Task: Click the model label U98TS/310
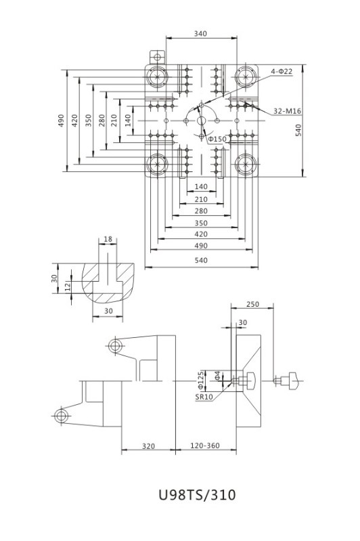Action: pyautogui.click(x=197, y=495)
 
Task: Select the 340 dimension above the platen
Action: pyautogui.click(x=200, y=33)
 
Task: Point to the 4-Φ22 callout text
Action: pyautogui.click(x=282, y=71)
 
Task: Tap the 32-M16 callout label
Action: pyautogui.click(x=287, y=111)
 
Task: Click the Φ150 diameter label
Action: pyautogui.click(x=217, y=139)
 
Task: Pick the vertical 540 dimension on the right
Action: pyautogui.click(x=298, y=130)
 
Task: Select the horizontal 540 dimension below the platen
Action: pyautogui.click(x=201, y=260)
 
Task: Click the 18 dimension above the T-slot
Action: pyautogui.click(x=108, y=239)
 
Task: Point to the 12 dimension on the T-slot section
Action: pyautogui.click(x=68, y=286)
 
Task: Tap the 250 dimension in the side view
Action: pyautogui.click(x=252, y=304)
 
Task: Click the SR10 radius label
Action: pyautogui.click(x=204, y=397)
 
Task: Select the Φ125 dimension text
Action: pyautogui.click(x=201, y=380)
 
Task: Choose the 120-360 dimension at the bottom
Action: pyautogui.click(x=205, y=446)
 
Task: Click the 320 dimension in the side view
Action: pyautogui.click(x=149, y=446)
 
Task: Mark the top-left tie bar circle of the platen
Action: pyautogui.click(x=158, y=77)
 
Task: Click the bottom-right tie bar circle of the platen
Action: pyautogui.click(x=246, y=165)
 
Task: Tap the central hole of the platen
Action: pyautogui.click(x=202, y=121)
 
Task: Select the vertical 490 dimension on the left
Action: pyautogui.click(x=61, y=121)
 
